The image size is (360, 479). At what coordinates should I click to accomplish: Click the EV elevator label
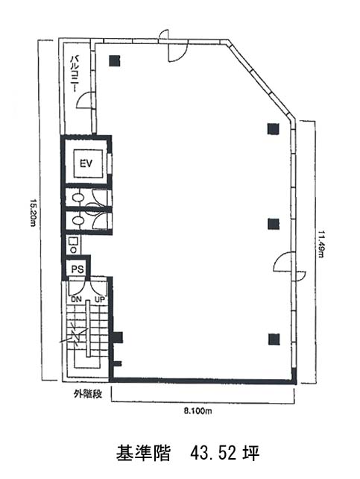(x=86, y=164)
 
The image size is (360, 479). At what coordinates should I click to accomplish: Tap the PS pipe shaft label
(x=78, y=270)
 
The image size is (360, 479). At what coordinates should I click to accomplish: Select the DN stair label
(x=76, y=300)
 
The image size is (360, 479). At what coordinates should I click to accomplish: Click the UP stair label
(x=100, y=300)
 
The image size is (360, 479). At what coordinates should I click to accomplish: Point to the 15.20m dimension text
(x=33, y=212)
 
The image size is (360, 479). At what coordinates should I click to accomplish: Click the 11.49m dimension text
(x=320, y=243)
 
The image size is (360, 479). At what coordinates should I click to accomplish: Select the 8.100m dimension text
(x=198, y=411)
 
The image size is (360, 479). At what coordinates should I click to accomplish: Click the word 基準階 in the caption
(x=143, y=454)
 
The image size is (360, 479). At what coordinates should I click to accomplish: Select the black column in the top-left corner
(x=115, y=60)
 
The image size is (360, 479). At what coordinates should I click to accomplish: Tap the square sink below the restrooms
(x=73, y=241)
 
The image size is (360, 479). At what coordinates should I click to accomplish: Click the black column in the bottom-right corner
(x=274, y=339)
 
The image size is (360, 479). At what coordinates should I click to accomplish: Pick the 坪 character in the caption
(x=251, y=454)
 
